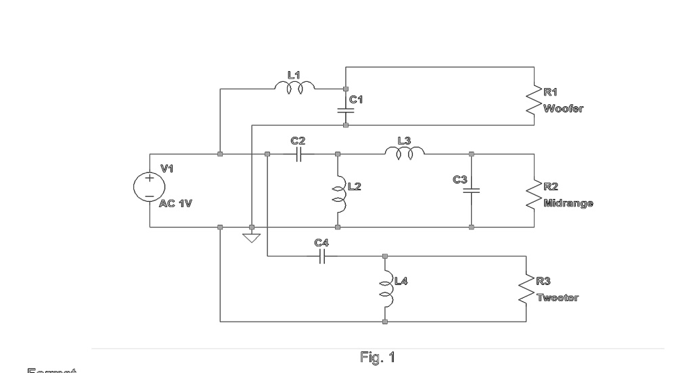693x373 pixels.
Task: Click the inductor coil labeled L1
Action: pyautogui.click(x=294, y=88)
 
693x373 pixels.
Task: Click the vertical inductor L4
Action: pyautogui.click(x=384, y=288)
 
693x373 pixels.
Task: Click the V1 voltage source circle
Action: pyautogui.click(x=149, y=186)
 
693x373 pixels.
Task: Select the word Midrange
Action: pyautogui.click(x=568, y=203)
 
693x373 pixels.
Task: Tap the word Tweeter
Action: pyautogui.click(x=557, y=298)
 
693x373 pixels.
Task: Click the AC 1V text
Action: pyautogui.click(x=177, y=203)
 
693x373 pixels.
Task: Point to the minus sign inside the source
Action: pyautogui.click(x=149, y=195)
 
